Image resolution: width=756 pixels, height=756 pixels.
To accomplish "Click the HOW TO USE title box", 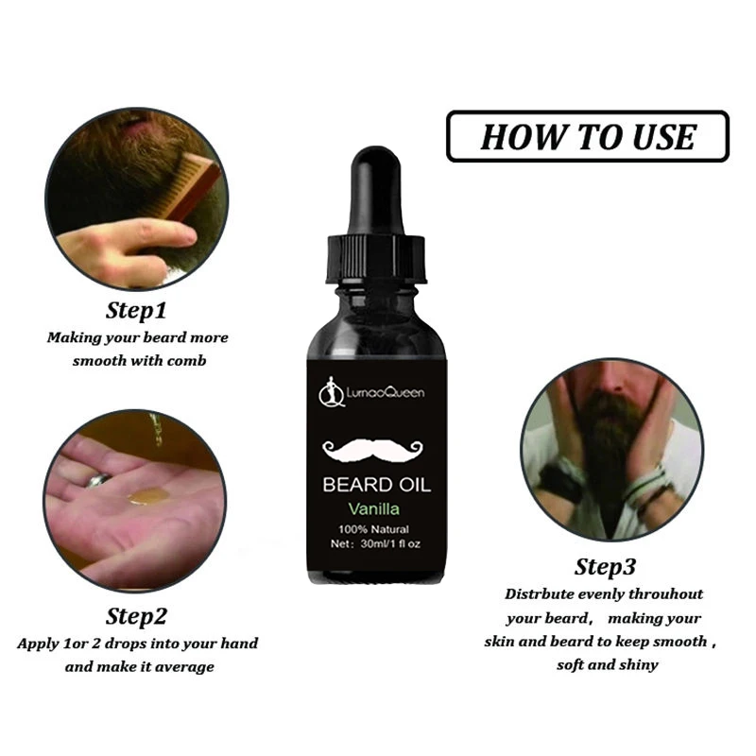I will click(x=587, y=137).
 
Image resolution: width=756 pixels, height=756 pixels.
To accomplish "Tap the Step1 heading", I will click(x=137, y=309).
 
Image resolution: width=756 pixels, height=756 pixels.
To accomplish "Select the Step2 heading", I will click(x=137, y=616).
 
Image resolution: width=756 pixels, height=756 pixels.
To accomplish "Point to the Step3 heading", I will click(x=606, y=567).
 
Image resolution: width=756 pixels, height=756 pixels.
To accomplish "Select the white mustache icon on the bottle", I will click(x=376, y=450).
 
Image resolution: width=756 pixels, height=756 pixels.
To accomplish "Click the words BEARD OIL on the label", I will click(x=376, y=486).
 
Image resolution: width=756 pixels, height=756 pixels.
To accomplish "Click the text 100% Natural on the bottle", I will click(x=376, y=528).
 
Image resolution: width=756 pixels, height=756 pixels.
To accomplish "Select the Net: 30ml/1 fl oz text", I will click(x=376, y=545).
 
